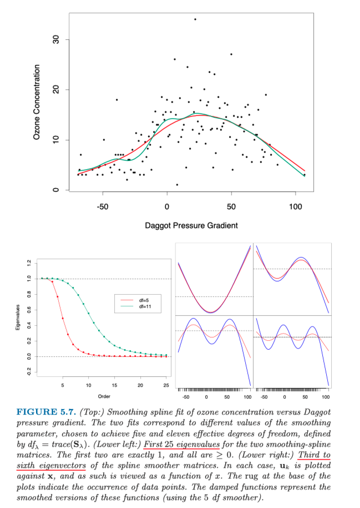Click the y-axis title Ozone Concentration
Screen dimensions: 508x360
[37, 103]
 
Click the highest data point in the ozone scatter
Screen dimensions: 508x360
[195, 19]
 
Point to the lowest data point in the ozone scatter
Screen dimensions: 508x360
[177, 185]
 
